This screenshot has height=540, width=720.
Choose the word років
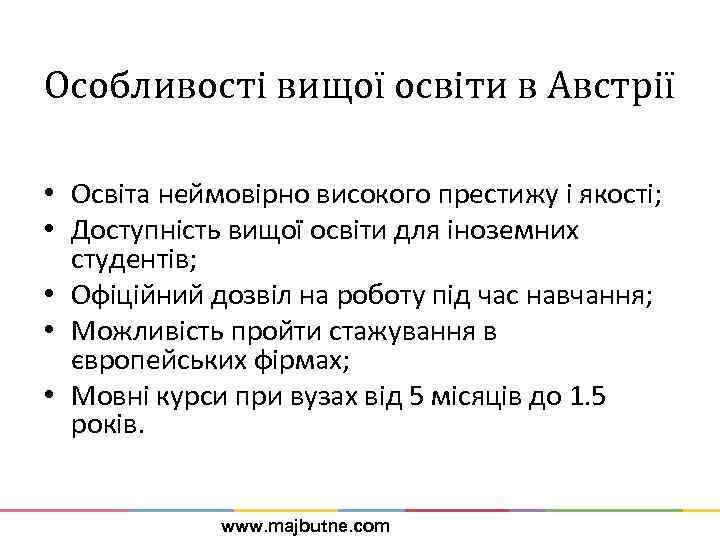point(108,424)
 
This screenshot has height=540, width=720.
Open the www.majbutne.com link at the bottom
point(305,525)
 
